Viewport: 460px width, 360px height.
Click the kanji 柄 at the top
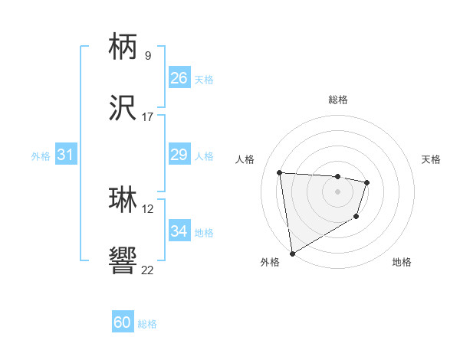click(x=123, y=47)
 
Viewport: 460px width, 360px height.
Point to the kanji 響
click(x=123, y=261)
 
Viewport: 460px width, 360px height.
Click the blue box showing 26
click(x=179, y=78)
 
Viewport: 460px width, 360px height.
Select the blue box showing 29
click(x=179, y=155)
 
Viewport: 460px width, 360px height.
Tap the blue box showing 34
click(x=179, y=231)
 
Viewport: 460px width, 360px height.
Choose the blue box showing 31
click(x=66, y=155)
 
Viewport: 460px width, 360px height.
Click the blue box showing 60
click(x=123, y=322)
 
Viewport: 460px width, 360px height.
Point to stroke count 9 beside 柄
click(x=147, y=55)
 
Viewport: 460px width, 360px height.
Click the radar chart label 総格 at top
click(x=338, y=100)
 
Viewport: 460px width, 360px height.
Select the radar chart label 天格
click(x=432, y=159)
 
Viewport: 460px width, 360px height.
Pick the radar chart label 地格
click(x=402, y=263)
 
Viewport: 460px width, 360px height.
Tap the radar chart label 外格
click(x=270, y=263)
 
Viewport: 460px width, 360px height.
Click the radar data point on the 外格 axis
click(x=292, y=253)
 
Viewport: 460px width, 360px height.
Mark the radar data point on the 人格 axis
click(x=280, y=172)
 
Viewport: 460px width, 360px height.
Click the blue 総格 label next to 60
click(x=147, y=324)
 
